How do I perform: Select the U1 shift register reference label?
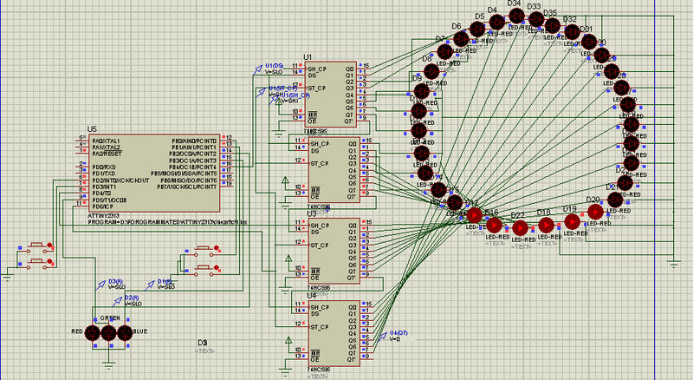[307, 56]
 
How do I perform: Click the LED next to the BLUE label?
[124, 333]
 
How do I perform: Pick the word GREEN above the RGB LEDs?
[110, 318]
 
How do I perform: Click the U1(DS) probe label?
[275, 66]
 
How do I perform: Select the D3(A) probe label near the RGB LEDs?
[114, 282]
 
